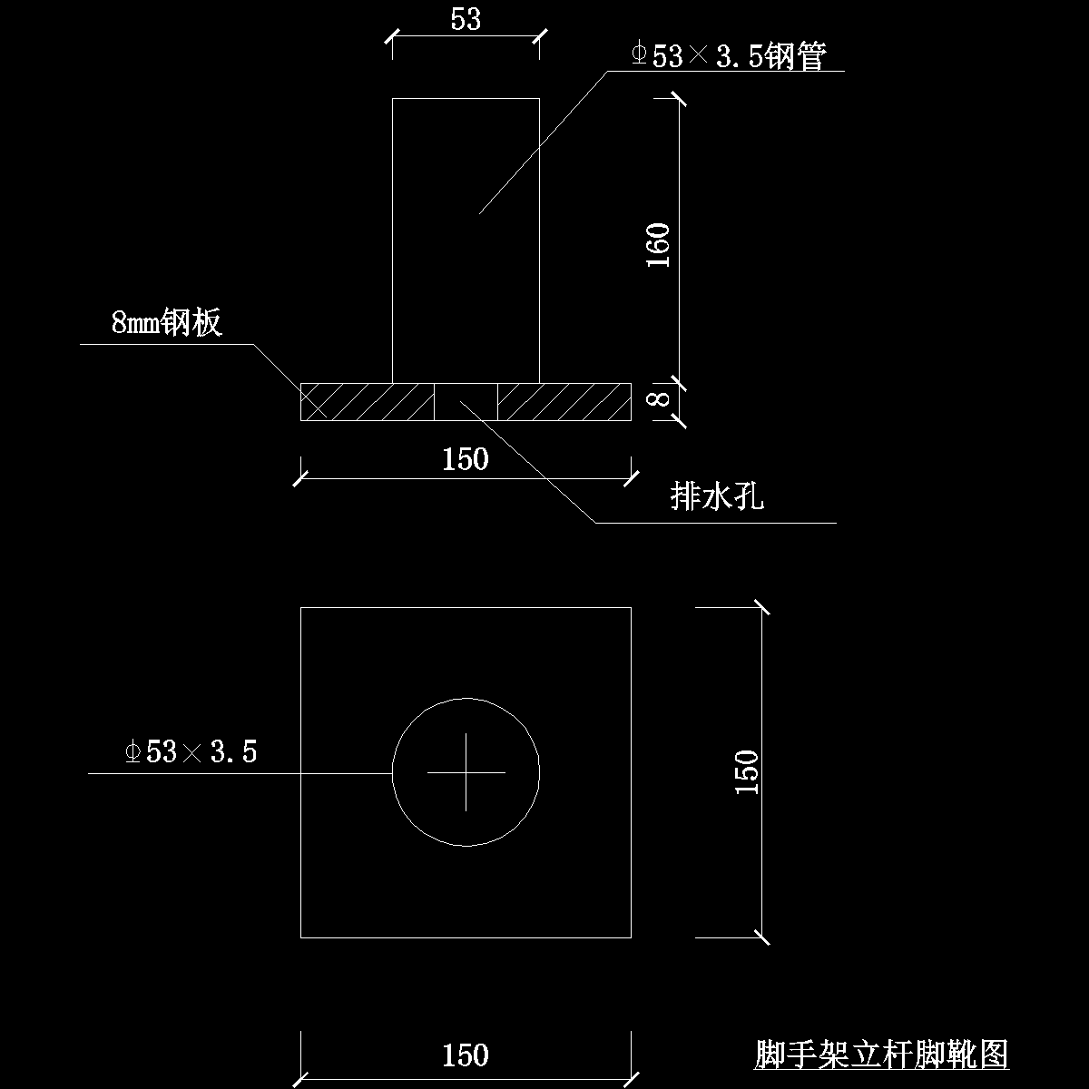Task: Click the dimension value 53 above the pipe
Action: [x=466, y=19]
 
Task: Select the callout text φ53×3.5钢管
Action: [x=729, y=57]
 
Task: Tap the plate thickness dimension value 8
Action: [x=661, y=398]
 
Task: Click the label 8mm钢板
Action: [x=166, y=322]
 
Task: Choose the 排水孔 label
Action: [x=717, y=496]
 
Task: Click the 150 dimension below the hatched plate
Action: [x=466, y=459]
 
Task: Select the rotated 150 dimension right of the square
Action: [x=746, y=772]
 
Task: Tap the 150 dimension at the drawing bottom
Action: [x=466, y=1055]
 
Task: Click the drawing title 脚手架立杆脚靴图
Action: [x=881, y=1055]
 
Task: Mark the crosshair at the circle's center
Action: [x=466, y=772]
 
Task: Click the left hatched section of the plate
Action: [x=367, y=402]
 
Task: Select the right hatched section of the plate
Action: [x=564, y=402]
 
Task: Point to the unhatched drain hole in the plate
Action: [x=466, y=402]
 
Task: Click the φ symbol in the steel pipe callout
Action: [x=639, y=55]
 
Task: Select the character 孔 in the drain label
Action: [x=750, y=496]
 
